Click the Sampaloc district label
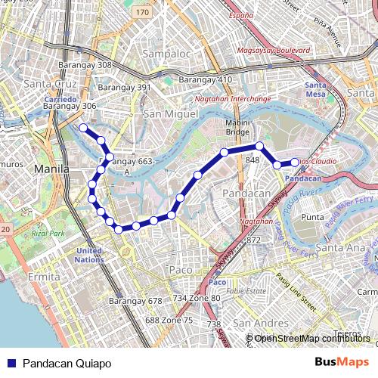point(165,54)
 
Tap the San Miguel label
point(170,113)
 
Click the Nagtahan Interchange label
point(232,99)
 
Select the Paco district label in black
point(181,269)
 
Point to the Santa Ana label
point(339,247)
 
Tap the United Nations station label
point(88,255)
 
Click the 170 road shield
point(144,13)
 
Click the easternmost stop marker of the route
point(295,163)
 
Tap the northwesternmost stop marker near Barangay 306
point(83,128)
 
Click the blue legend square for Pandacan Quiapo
point(11,364)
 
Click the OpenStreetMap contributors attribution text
point(312,338)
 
